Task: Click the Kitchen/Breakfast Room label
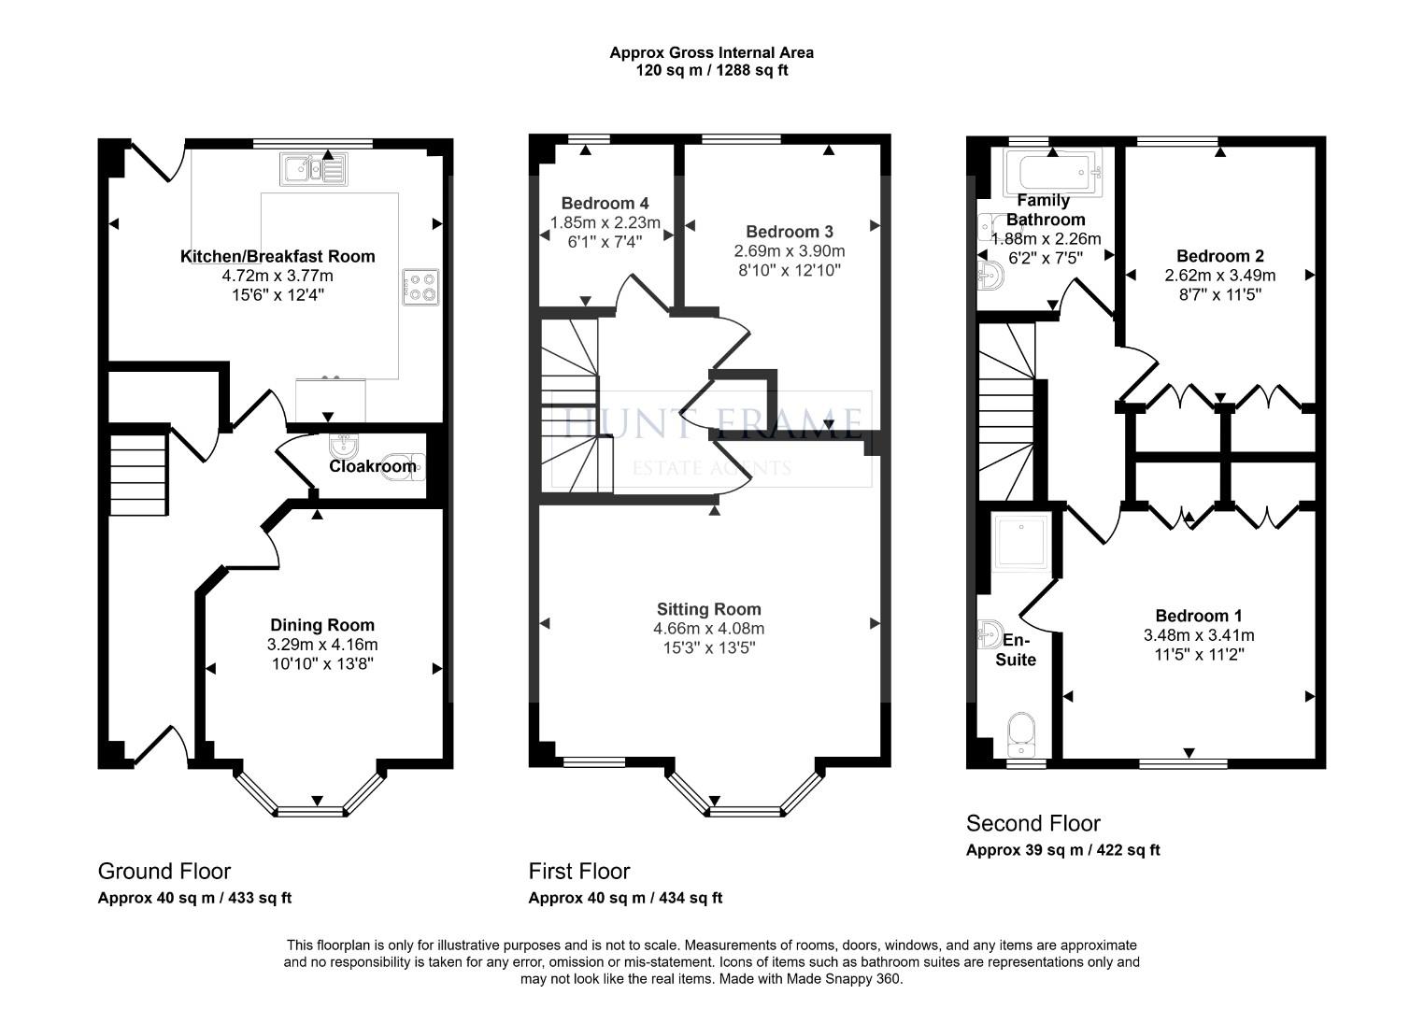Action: point(278,256)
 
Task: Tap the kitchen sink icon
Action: point(313,170)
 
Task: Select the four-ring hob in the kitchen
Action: point(420,287)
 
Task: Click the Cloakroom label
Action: point(373,466)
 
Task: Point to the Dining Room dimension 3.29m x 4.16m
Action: point(322,645)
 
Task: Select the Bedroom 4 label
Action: point(605,204)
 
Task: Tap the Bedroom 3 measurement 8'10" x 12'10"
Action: point(790,271)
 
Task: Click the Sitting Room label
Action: point(708,609)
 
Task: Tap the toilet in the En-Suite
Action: point(1023,734)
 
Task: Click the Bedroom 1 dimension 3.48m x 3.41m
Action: point(1199,635)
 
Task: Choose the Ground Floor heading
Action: point(164,872)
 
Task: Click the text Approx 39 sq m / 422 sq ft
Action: point(1062,850)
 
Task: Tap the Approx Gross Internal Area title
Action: point(711,53)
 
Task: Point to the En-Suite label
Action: point(1016,650)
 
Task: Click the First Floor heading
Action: point(579,872)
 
